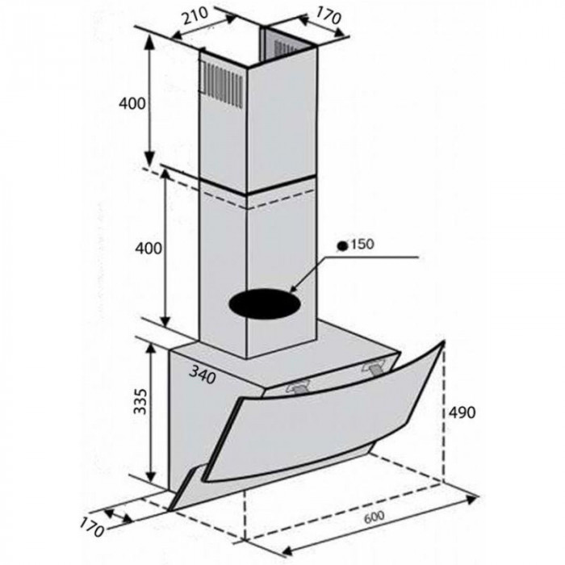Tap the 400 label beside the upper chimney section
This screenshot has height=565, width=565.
[131, 103]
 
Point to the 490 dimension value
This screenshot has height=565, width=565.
[461, 412]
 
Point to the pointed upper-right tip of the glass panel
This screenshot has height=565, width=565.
[443, 342]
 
